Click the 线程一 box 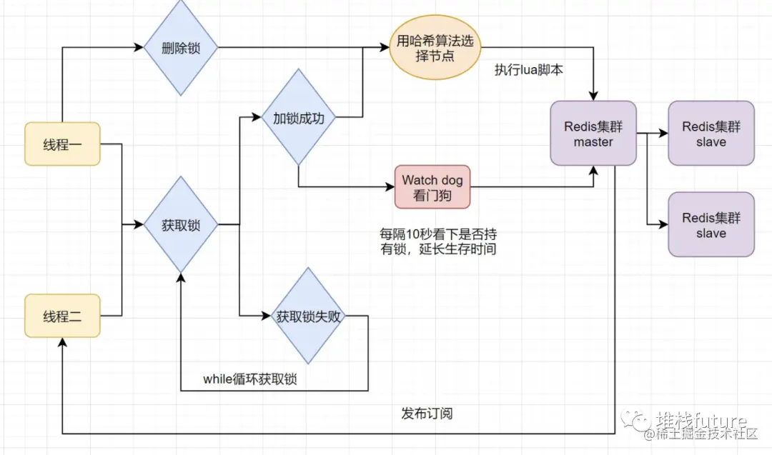62,144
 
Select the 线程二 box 62,315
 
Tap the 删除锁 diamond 181,48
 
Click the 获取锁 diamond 181,225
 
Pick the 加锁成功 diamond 298,118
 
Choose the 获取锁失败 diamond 309,316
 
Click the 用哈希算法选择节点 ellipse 435,48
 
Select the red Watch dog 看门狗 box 432,187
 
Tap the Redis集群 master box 593,134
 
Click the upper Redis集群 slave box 711,134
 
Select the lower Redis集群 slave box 711,224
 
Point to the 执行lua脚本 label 529,70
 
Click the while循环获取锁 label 249,379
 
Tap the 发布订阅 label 427,414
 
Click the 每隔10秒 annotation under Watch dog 437,241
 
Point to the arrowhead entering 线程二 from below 63,344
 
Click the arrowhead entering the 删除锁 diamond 139,48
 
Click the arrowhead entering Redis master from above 593,96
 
